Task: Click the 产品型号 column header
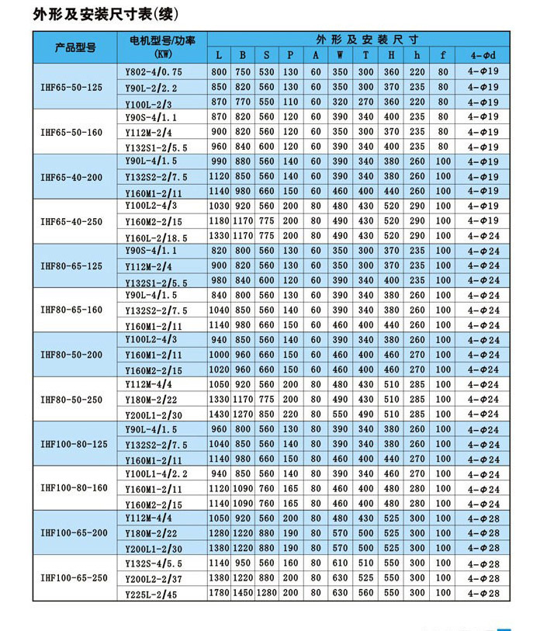(x=74, y=47)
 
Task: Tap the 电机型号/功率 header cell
(x=162, y=47)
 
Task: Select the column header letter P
(x=290, y=56)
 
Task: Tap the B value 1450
(x=243, y=594)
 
